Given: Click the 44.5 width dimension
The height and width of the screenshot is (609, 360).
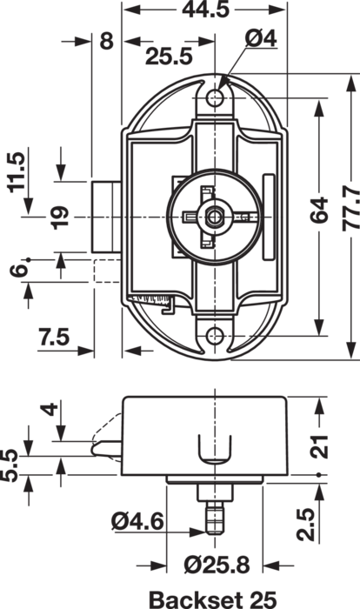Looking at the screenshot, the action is click(x=206, y=10).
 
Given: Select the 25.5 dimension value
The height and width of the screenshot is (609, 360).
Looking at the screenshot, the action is click(x=169, y=57).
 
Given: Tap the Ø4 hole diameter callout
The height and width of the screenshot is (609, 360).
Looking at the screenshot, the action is click(x=261, y=39).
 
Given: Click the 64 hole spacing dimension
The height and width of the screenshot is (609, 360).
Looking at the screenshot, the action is click(x=319, y=211).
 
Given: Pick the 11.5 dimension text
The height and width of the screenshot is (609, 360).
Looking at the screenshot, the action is click(x=17, y=172).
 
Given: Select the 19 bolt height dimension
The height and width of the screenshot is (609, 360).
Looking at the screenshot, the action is click(x=60, y=217).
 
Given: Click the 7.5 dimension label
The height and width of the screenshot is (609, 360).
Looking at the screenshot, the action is click(x=54, y=337).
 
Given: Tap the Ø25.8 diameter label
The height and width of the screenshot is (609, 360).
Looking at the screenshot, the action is click(x=217, y=565).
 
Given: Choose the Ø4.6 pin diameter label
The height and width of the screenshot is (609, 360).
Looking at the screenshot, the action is click(x=137, y=522).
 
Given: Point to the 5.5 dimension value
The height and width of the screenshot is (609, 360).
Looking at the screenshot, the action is click(x=10, y=465).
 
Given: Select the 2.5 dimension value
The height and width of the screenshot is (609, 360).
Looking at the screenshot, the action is click(x=305, y=525).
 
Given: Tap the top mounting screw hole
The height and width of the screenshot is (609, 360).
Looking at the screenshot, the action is click(x=215, y=97).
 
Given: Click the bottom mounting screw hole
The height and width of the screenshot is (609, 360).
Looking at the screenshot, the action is click(x=215, y=336).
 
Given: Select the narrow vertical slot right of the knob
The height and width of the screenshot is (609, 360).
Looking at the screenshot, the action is click(x=269, y=217).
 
